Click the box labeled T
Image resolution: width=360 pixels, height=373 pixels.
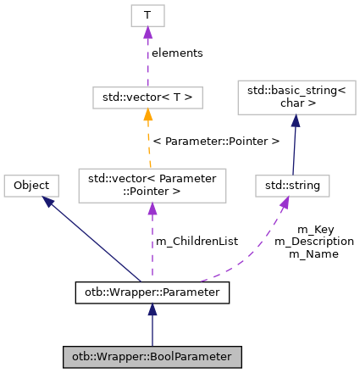[147, 14]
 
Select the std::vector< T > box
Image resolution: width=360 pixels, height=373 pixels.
[147, 97]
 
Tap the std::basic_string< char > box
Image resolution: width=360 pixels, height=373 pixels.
[296, 97]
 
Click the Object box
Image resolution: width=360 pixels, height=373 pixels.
[31, 186]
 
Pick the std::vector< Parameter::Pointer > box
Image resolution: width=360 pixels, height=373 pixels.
[152, 186]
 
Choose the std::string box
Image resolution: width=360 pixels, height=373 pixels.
[292, 186]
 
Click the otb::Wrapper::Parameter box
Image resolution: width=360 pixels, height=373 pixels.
[152, 292]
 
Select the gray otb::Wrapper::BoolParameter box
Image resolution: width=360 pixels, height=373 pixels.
[152, 357]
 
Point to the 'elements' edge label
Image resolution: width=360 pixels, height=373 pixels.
[177, 53]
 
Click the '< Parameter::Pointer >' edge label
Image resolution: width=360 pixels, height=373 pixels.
[215, 141]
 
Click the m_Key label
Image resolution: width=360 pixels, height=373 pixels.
[314, 230]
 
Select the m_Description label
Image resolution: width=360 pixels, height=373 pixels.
[314, 242]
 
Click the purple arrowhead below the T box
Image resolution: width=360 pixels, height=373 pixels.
[147, 32]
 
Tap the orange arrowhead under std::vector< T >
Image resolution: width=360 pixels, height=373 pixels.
[147, 115]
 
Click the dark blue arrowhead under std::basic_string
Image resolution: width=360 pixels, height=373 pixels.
[296, 121]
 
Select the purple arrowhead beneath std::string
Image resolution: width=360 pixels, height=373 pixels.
[285, 203]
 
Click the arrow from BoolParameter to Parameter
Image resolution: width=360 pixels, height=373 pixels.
[152, 326]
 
